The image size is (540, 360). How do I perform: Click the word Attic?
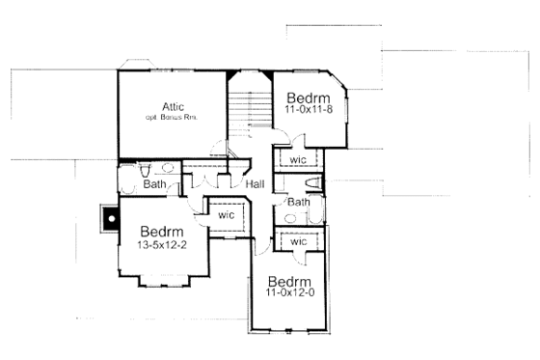coord(173,105)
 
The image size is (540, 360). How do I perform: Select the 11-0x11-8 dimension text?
coord(308,111)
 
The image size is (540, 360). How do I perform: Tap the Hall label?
coord(255,184)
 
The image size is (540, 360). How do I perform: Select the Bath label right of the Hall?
coord(298,203)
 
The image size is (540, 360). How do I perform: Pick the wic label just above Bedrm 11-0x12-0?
coord(298,241)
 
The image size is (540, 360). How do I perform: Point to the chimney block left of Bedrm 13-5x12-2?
coord(112,219)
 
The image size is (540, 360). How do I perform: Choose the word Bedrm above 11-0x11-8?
coord(309,98)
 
